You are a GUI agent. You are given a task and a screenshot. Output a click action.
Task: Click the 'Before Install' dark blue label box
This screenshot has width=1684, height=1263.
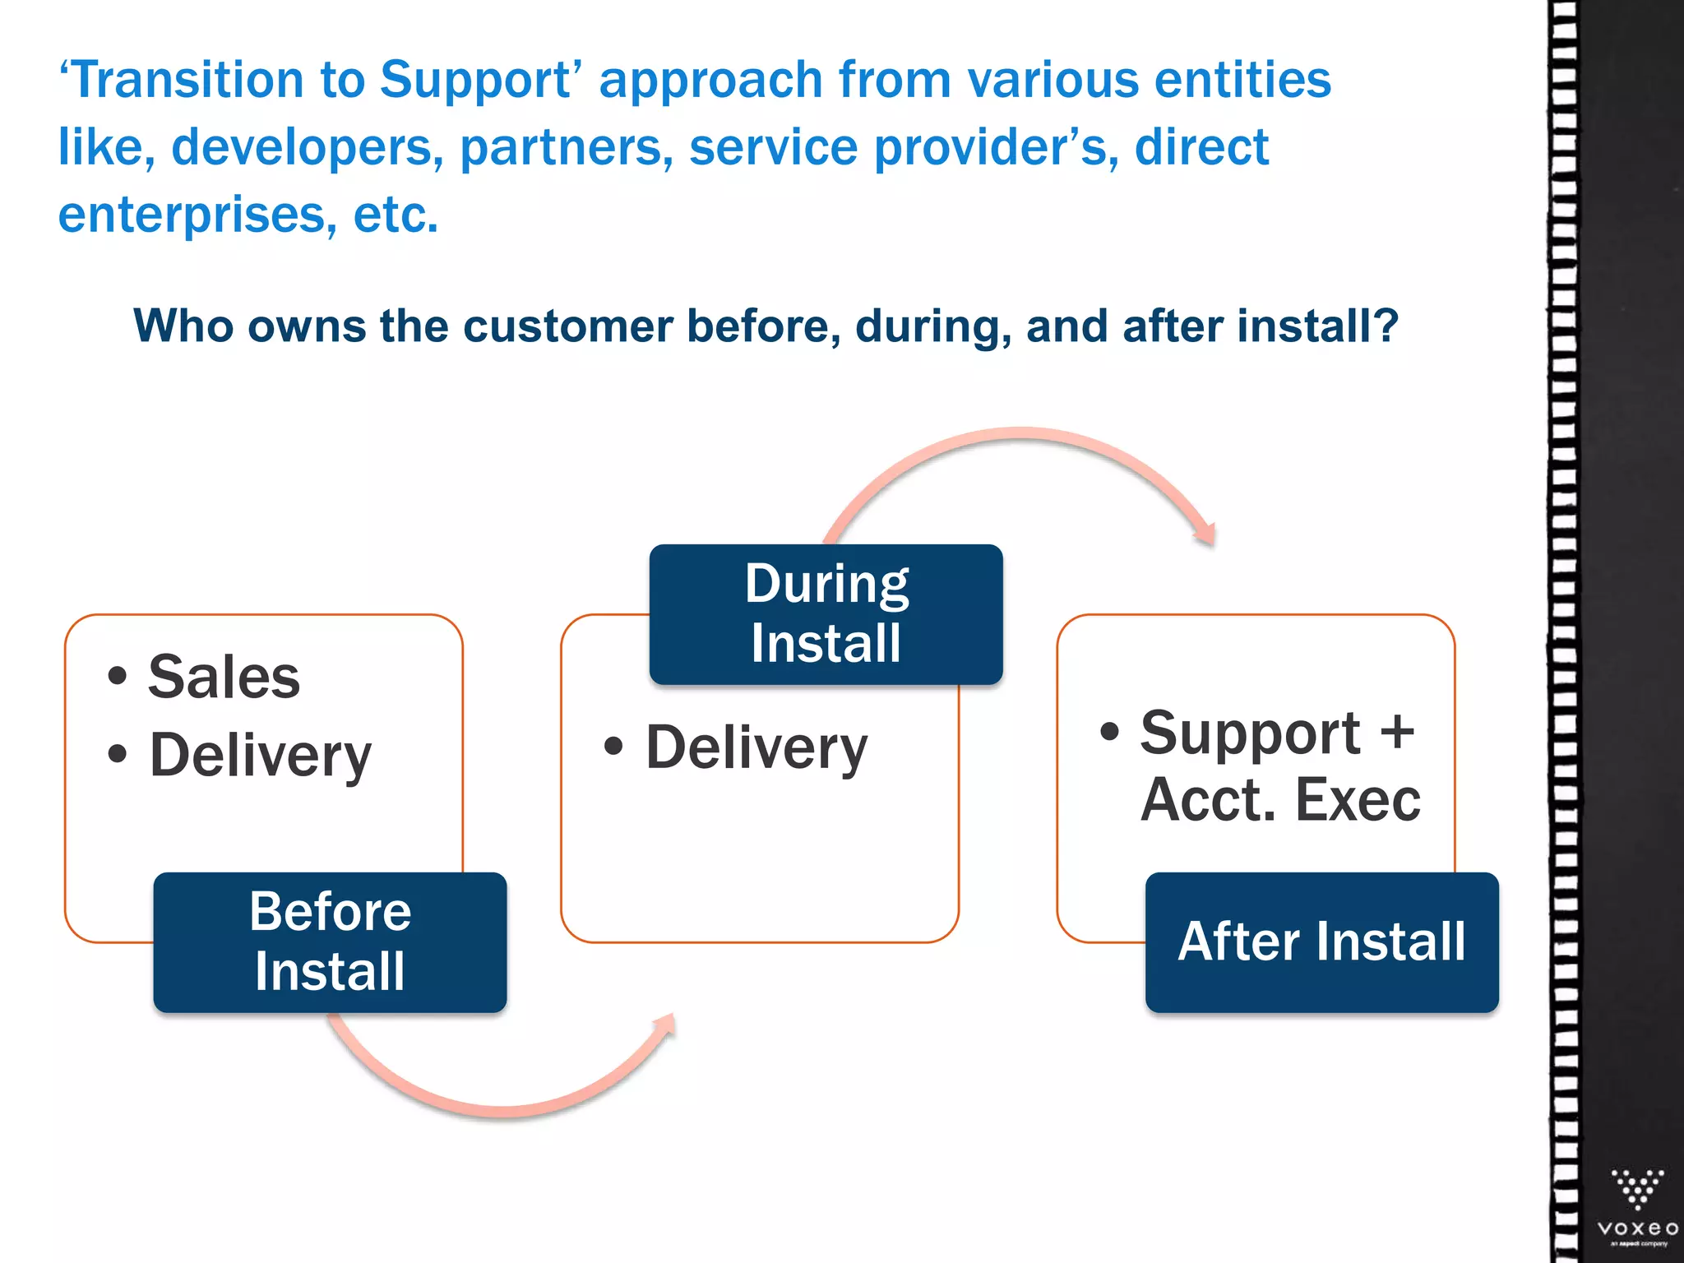[x=330, y=942]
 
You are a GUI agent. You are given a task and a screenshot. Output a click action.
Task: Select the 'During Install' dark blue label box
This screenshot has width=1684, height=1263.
[x=826, y=613]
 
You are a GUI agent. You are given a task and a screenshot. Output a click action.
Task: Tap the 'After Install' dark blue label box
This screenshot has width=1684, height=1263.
[x=1321, y=942]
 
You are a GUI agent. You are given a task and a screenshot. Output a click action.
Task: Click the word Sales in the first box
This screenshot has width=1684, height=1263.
[x=224, y=678]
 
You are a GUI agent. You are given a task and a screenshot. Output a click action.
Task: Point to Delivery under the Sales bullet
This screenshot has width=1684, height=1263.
[x=260, y=755]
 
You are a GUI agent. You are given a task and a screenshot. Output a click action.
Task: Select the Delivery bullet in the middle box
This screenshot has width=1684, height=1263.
[x=756, y=748]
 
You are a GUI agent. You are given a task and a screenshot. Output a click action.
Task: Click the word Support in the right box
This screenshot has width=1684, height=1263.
[x=1249, y=733]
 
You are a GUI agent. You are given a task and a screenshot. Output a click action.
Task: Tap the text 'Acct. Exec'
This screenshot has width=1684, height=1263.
[x=1280, y=800]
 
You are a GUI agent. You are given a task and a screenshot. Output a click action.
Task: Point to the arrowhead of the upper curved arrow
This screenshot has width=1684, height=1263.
[x=1205, y=534]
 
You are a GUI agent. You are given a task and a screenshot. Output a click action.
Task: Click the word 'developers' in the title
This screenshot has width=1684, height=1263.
[x=301, y=147]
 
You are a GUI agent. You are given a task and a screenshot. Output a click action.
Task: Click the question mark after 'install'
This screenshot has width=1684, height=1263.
[x=1386, y=326]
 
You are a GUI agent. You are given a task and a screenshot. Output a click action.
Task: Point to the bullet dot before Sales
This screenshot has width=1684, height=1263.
[x=118, y=677]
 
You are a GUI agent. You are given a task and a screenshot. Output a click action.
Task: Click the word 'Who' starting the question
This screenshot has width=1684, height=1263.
[x=183, y=326]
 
